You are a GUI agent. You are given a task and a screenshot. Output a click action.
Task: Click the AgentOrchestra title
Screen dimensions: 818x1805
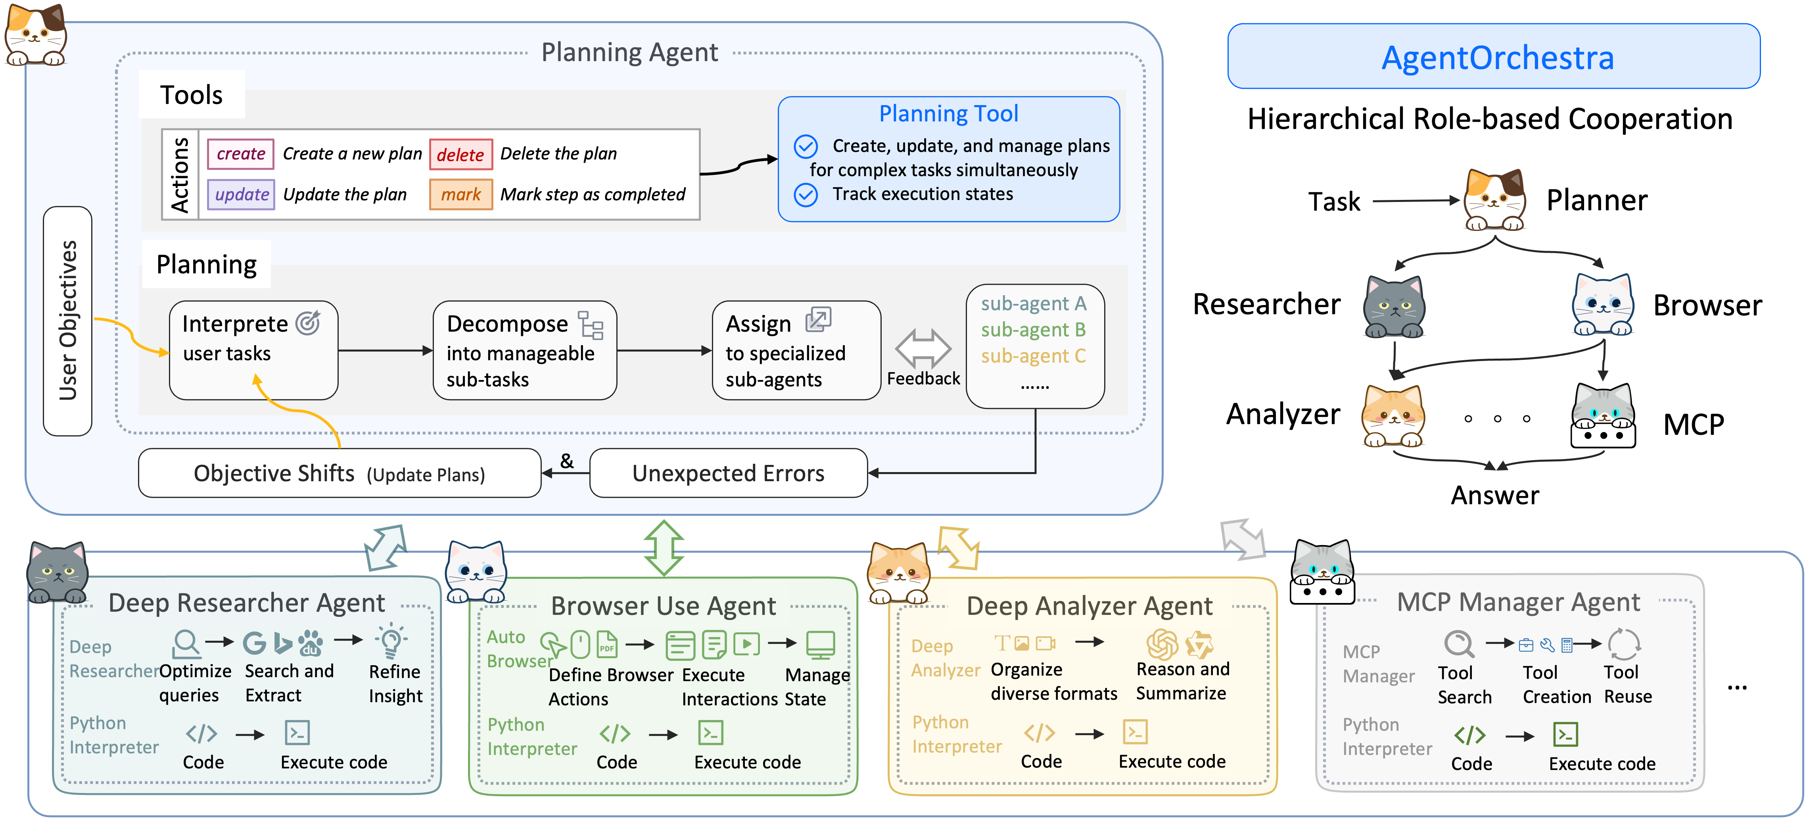tap(1497, 58)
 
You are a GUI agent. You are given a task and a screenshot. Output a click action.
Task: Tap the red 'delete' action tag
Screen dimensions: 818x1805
tap(460, 154)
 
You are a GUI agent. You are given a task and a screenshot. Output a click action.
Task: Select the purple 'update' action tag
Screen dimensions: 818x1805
tap(241, 194)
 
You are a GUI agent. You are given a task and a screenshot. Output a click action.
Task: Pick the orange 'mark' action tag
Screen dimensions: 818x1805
tap(460, 194)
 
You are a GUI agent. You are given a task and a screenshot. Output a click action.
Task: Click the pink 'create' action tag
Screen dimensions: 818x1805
tap(240, 154)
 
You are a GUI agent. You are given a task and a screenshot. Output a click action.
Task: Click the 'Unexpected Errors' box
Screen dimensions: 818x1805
tap(728, 473)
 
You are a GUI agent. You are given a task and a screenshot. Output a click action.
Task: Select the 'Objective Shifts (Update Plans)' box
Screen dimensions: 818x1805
tap(339, 473)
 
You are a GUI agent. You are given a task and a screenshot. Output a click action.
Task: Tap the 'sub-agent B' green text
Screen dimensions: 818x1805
tap(1033, 329)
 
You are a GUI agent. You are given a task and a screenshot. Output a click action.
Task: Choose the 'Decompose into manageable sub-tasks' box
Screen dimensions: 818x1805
tap(524, 350)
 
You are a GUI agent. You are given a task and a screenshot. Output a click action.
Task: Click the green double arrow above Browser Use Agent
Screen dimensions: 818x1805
tap(664, 548)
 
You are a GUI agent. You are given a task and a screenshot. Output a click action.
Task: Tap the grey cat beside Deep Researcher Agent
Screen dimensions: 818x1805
tap(58, 573)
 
